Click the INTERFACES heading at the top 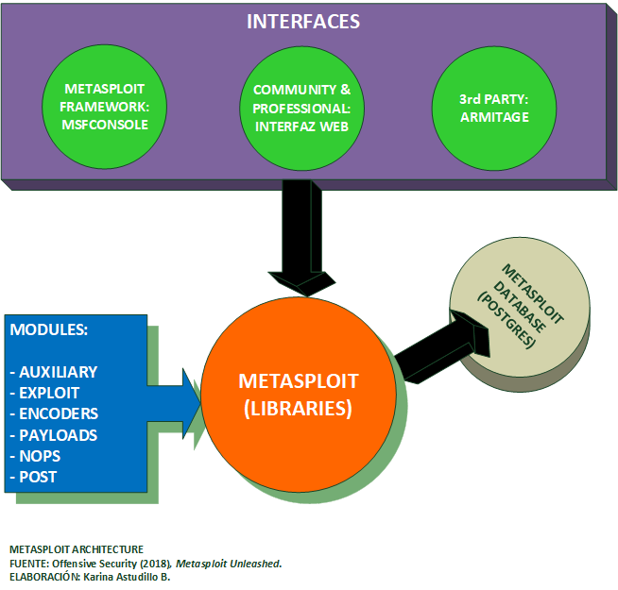pos(303,21)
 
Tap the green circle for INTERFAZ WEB pos(301,106)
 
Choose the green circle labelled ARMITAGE pos(493,106)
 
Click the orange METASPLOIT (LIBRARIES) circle pos(296,396)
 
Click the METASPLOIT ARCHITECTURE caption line pos(76,548)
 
